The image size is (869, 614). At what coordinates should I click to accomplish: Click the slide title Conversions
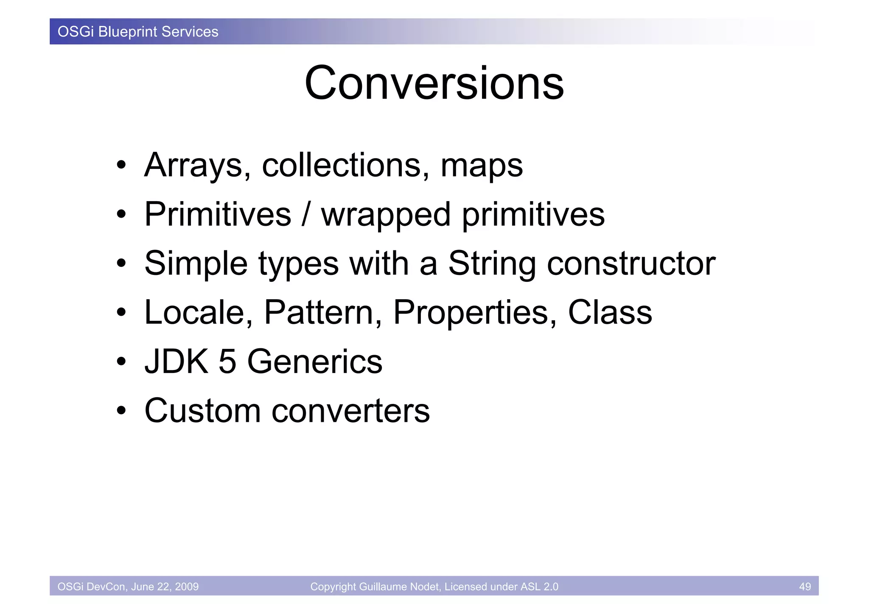[434, 83]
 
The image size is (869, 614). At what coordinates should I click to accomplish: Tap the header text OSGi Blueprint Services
[138, 32]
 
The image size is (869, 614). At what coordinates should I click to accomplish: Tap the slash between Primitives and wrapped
[306, 215]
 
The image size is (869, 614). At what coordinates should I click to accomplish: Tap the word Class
[610, 313]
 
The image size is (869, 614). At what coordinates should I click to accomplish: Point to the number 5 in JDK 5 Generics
[227, 362]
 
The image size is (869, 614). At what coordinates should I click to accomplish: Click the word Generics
[314, 362]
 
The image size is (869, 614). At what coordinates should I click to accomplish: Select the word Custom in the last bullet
[203, 411]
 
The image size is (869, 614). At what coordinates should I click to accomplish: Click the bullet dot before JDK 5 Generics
[122, 362]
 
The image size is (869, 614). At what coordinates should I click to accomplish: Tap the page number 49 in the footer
[805, 586]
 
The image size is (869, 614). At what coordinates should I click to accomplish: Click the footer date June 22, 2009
[165, 586]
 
